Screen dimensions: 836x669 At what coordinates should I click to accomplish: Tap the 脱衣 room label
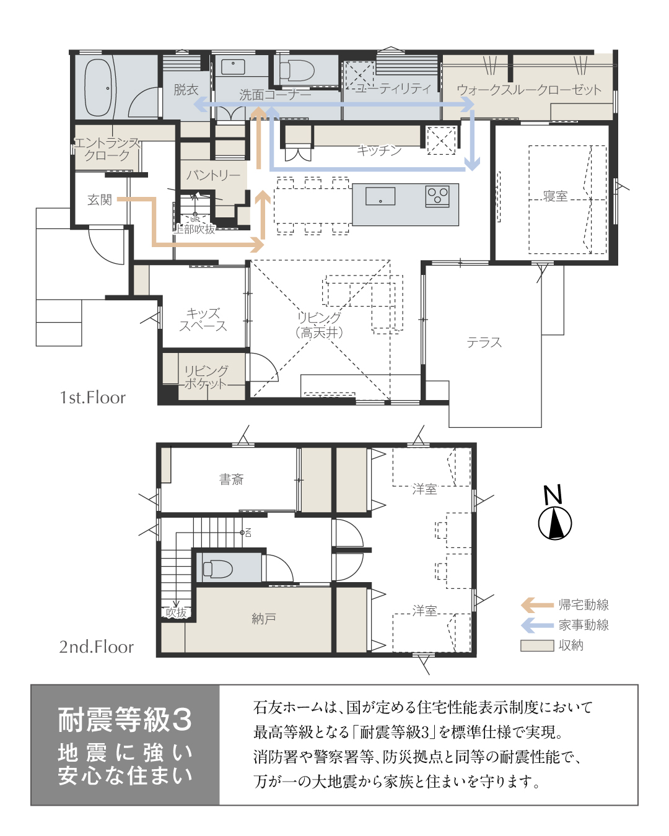(x=186, y=90)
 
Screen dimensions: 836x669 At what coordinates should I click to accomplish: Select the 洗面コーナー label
(x=274, y=95)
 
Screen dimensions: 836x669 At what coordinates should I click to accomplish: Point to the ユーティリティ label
(x=393, y=89)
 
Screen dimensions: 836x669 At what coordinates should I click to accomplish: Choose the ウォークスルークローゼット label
(x=529, y=90)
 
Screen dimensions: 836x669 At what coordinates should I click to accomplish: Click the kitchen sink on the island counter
(x=380, y=196)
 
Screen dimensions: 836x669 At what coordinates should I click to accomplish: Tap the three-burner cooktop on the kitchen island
(x=437, y=196)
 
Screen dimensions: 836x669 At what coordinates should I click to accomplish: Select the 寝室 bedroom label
(x=555, y=196)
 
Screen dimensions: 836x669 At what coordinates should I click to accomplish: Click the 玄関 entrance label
(x=99, y=199)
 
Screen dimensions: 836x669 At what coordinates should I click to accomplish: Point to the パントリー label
(x=213, y=175)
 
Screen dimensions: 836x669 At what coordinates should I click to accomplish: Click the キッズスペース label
(x=203, y=320)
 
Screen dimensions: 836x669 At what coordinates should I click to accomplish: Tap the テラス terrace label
(x=484, y=342)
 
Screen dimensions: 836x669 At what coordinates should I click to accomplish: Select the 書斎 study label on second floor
(x=231, y=479)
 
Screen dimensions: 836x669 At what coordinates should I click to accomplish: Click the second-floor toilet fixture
(x=217, y=568)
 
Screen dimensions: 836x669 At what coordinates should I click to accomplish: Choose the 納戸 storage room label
(x=264, y=619)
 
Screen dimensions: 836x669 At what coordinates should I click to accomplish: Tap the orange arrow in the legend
(x=537, y=605)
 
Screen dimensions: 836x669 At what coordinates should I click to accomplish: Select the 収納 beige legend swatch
(x=537, y=645)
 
